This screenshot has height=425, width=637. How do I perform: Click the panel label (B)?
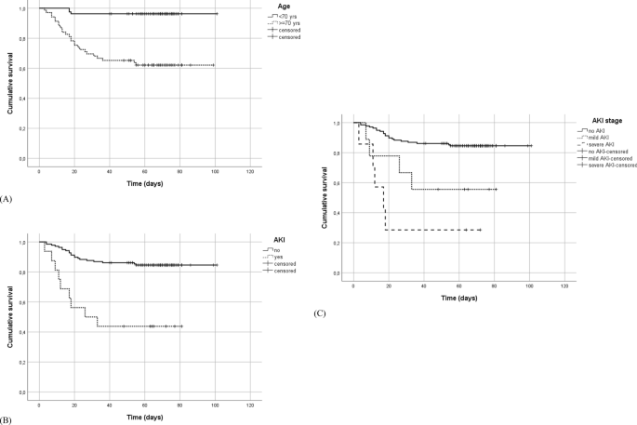point(7,421)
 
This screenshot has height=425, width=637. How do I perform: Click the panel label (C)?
point(320,313)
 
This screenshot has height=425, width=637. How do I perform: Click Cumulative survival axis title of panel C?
point(324,197)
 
